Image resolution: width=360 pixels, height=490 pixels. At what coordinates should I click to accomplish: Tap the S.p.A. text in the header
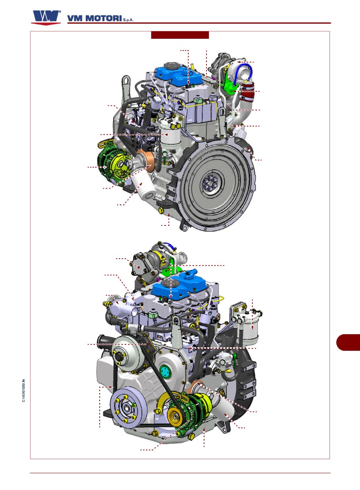[128, 20]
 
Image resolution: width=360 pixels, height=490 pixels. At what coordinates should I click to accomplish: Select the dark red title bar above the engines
[180, 35]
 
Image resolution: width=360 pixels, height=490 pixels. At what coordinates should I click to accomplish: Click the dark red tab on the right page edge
[348, 342]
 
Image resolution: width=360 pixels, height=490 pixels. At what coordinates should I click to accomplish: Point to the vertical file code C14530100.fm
[24, 391]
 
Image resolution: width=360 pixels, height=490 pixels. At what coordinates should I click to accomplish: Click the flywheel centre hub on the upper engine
[210, 182]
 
